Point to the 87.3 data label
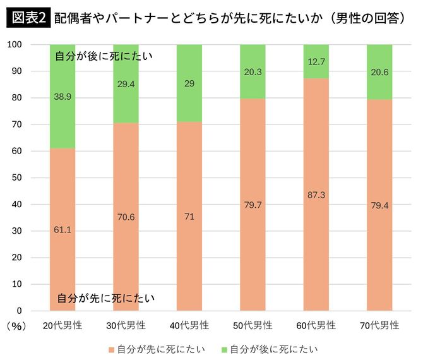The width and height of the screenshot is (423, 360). tap(316, 195)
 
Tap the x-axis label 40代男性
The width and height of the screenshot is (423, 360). tap(189, 326)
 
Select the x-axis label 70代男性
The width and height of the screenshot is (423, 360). tap(379, 326)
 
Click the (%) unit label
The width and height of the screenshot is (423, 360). tap(16, 326)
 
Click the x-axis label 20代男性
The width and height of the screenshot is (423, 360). tap(62, 326)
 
